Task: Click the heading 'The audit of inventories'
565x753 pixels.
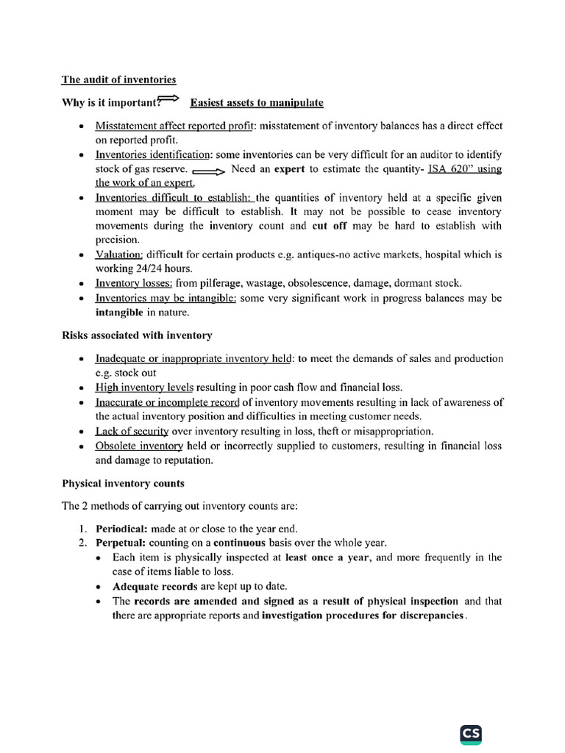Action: pos(118,79)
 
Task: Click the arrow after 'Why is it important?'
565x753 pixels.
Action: pos(170,99)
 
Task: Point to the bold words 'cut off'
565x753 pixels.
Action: pos(330,226)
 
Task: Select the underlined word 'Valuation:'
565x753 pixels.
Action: pos(119,254)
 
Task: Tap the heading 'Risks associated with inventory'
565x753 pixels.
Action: pos(137,335)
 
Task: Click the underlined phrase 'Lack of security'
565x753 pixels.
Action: pos(132,431)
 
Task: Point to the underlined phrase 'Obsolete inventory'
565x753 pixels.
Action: pos(138,446)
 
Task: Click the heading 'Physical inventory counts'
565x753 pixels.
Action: pos(123,483)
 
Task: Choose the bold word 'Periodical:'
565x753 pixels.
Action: pos(121,529)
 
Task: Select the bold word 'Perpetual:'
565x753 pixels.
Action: pos(121,543)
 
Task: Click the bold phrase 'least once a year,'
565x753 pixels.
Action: pos(330,557)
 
